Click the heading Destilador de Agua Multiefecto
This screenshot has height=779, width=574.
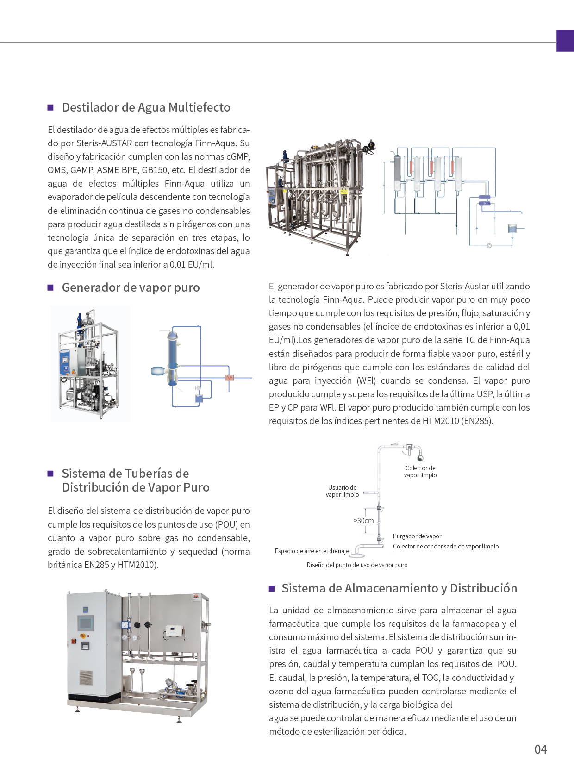pos(146,107)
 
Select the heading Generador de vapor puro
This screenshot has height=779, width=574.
pos(131,287)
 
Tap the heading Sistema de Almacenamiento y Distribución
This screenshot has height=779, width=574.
pos(399,588)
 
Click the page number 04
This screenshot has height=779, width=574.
pos(540,749)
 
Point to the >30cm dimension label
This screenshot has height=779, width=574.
pos(363,521)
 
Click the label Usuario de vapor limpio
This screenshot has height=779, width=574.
pos(342,491)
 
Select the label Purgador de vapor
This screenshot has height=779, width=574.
pos(417,536)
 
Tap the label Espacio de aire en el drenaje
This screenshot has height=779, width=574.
pos(312,551)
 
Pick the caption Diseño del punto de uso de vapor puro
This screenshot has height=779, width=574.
pos(357,565)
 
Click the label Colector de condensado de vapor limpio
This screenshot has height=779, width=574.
pos(445,546)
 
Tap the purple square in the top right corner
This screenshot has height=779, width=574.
pos(565,41)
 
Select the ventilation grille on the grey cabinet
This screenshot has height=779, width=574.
pos(86,678)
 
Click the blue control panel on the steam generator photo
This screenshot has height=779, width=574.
pos(65,362)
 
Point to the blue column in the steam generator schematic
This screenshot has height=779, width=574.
pos(172,356)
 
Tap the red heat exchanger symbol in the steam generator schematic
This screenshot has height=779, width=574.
pos(229,378)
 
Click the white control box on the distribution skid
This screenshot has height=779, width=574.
pos(174,630)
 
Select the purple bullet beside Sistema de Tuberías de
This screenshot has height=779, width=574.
pos(51,474)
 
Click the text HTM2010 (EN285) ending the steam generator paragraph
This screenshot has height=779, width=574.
pos(457,421)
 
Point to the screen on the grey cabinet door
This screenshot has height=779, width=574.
pos(86,623)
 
